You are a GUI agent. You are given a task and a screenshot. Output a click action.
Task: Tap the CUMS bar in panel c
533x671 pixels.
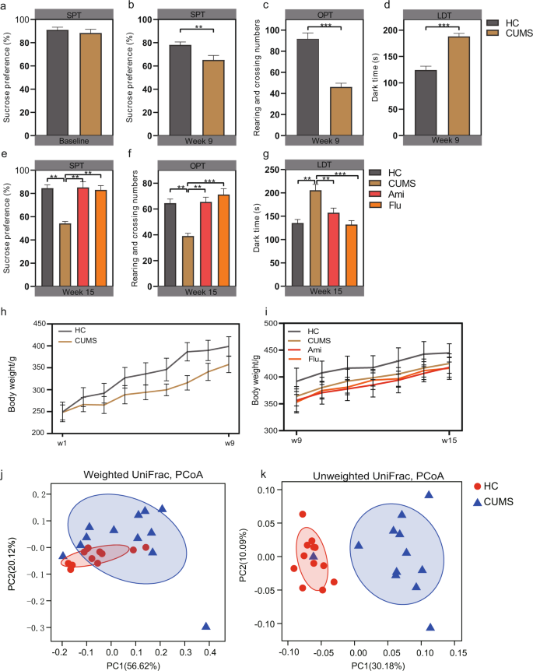pyautogui.click(x=339, y=111)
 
